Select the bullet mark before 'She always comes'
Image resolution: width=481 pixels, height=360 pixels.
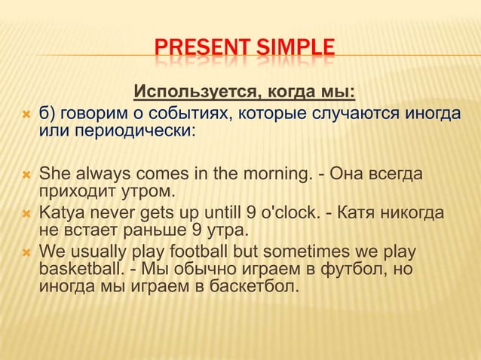[26, 175]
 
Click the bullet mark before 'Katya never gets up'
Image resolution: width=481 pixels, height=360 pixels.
[26, 214]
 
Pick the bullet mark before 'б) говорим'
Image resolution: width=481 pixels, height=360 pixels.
[26, 115]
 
